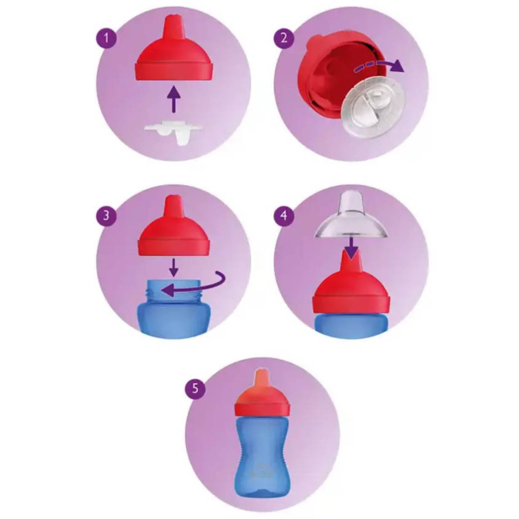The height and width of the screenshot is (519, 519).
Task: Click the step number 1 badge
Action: pyautogui.click(x=106, y=38)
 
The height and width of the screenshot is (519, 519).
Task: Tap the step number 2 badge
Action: pyautogui.click(x=284, y=38)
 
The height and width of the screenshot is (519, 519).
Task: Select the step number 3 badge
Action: pyautogui.click(x=106, y=215)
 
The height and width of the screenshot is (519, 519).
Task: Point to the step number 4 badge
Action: pyautogui.click(x=284, y=215)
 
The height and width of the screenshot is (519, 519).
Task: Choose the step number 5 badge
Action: pyautogui.click(x=195, y=388)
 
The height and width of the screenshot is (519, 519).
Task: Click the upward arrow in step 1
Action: pyautogui.click(x=174, y=99)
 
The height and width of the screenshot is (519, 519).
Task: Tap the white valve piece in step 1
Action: pyautogui.click(x=173, y=132)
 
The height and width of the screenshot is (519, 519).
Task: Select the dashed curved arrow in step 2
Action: pyautogui.click(x=379, y=66)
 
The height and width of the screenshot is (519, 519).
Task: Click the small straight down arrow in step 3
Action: pyautogui.click(x=174, y=266)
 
